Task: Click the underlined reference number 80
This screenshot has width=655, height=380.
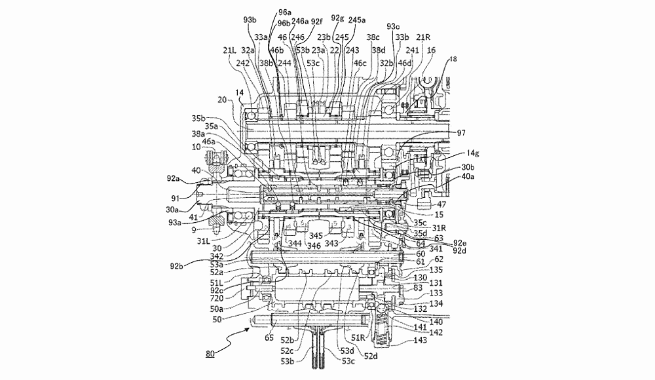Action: pos(210,354)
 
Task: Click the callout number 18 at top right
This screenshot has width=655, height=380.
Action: pos(454,60)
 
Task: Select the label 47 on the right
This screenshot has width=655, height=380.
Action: pos(443,205)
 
